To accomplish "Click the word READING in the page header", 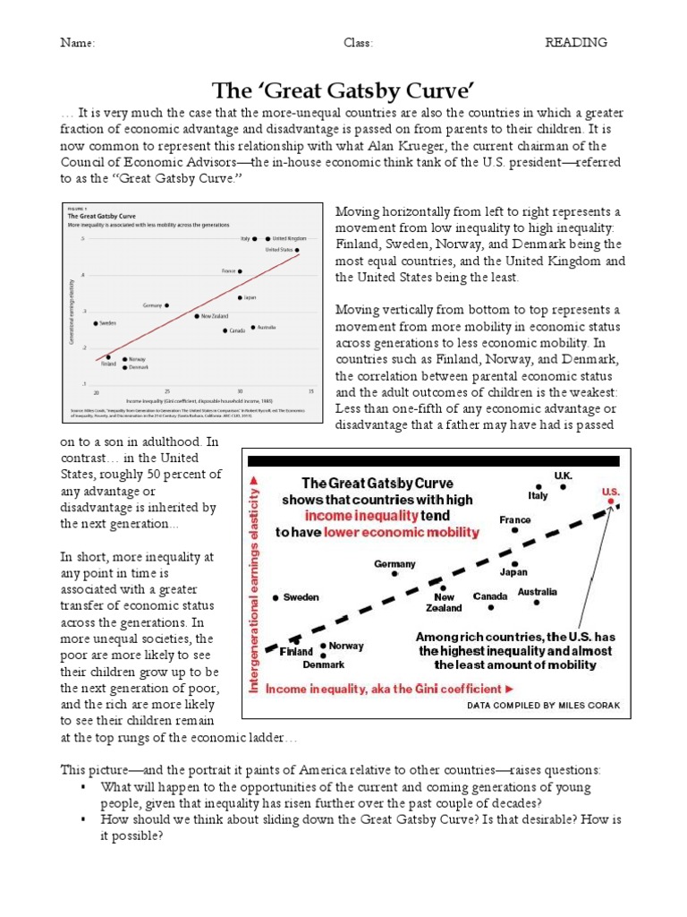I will (577, 43).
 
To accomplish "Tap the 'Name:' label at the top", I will (78, 43).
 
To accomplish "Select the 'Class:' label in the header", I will (358, 43).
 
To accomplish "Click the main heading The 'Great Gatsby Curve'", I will (342, 90).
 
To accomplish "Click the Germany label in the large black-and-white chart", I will (394, 564).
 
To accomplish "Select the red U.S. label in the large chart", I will (611, 492).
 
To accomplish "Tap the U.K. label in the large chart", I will (563, 477).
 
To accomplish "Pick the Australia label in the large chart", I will (538, 592).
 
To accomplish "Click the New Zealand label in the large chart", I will (445, 603).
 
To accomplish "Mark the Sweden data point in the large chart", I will (276, 597).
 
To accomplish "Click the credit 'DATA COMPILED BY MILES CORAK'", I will (543, 706).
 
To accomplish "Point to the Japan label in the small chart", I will (250, 297).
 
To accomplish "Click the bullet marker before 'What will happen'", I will (81, 786).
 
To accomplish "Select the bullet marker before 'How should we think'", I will (81, 818).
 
